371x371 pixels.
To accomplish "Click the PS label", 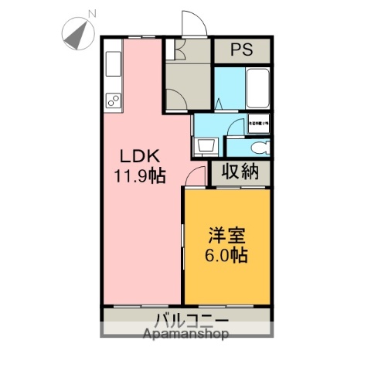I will tap(242, 52).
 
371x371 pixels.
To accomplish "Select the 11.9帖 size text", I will tap(139, 175).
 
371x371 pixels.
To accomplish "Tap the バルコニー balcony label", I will tap(189, 319).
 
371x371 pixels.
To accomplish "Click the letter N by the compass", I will tap(92, 14).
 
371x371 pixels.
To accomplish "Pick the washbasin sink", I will tap(205, 145).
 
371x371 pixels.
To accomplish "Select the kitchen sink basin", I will tap(113, 61).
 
